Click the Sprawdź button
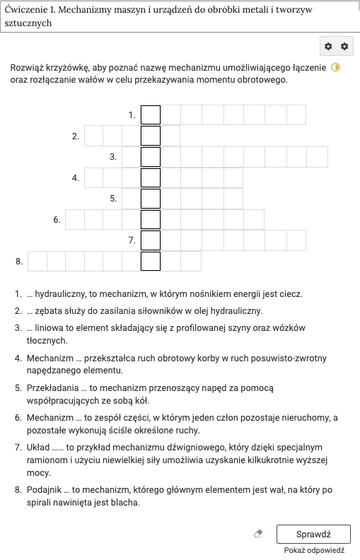click(313, 534)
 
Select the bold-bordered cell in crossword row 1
click(151, 115)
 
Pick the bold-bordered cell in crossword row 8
click(151, 262)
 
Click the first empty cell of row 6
click(75, 220)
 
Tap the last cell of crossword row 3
click(318, 157)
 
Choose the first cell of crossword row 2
click(93, 136)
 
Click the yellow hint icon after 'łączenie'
click(336, 68)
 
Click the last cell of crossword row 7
click(296, 240)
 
